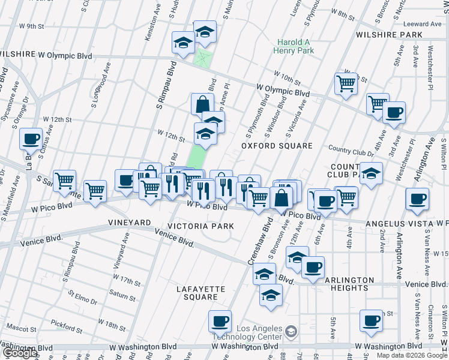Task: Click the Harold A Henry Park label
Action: coord(295,47)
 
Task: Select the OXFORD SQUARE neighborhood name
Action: coord(277,146)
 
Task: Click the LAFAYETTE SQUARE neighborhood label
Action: coord(200,293)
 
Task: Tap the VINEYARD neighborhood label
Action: coord(129,223)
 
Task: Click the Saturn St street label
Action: coord(122,293)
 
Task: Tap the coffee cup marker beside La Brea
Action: coord(31,139)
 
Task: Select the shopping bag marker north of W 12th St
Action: coord(202,104)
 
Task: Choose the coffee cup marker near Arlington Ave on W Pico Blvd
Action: coord(417,199)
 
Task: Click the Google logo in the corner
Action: coord(19,353)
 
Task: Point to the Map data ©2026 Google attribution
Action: coord(411,355)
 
